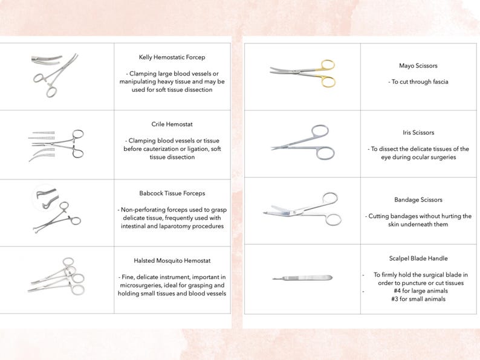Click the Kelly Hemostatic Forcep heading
[172, 57]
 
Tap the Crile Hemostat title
[172, 124]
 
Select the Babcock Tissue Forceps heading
[172, 193]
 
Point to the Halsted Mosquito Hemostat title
[172, 260]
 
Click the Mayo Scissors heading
[418, 65]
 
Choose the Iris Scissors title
[418, 132]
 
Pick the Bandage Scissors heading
[418, 199]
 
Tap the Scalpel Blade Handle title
[418, 258]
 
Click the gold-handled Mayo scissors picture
[302, 73]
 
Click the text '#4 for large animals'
[418, 291]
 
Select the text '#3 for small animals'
[418, 299]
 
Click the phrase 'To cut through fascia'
[418, 82]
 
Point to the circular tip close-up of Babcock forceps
[46, 197]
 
